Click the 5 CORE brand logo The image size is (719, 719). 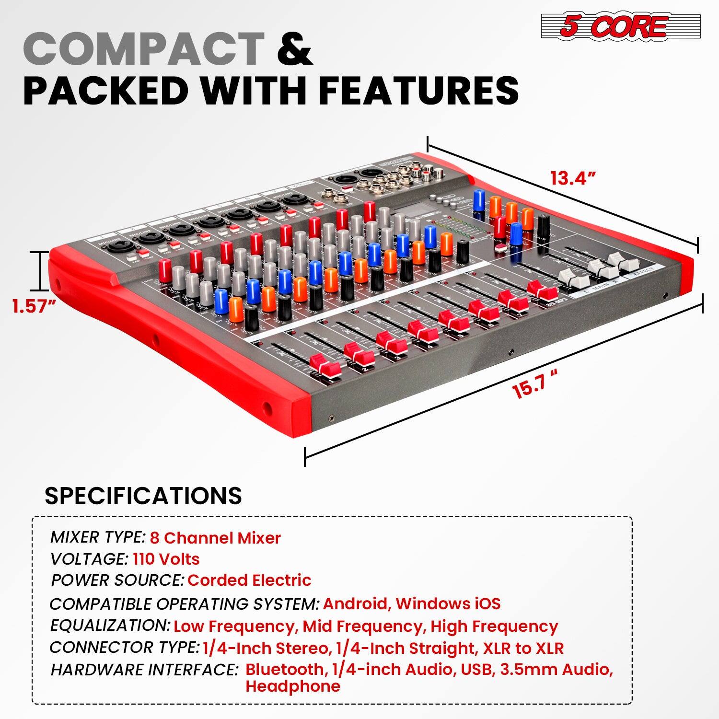[x=621, y=26]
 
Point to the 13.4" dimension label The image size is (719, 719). [x=573, y=178]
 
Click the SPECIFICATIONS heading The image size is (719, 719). [x=143, y=496]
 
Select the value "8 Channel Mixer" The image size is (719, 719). [x=215, y=538]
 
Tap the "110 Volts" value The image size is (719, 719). [x=166, y=559]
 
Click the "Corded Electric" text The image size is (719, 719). [x=249, y=580]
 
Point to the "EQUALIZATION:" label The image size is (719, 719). [x=110, y=626]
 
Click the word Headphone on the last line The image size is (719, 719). [x=292, y=686]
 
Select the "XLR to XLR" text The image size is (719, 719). [x=523, y=648]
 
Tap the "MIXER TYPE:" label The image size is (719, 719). [x=97, y=537]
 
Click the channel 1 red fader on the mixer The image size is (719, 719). [x=325, y=366]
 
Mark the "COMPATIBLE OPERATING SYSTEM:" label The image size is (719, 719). [x=184, y=603]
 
